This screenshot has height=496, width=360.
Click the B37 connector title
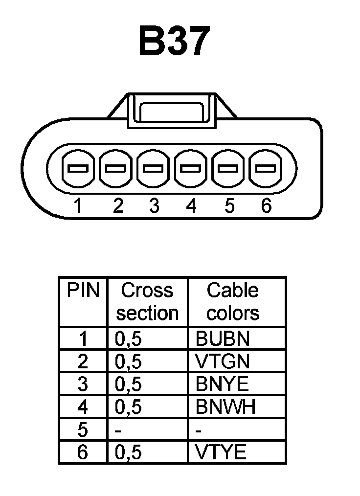(x=174, y=41)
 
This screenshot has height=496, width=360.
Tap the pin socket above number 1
(x=78, y=169)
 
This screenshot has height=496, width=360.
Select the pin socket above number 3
(x=153, y=169)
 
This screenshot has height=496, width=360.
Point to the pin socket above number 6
(x=266, y=169)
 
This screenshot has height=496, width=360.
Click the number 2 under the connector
(x=117, y=206)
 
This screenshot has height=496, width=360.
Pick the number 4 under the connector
(x=191, y=206)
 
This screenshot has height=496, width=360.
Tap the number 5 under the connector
(x=229, y=206)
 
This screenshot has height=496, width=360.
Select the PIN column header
(x=83, y=291)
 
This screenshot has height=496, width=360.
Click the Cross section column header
(x=147, y=302)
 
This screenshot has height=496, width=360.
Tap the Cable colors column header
(x=232, y=302)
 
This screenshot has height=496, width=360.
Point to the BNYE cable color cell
(x=222, y=384)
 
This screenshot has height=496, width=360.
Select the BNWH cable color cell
(x=225, y=407)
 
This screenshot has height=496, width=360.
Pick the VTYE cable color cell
(x=221, y=452)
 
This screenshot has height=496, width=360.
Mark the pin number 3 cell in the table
(x=83, y=384)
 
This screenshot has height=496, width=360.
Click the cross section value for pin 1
(x=128, y=339)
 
